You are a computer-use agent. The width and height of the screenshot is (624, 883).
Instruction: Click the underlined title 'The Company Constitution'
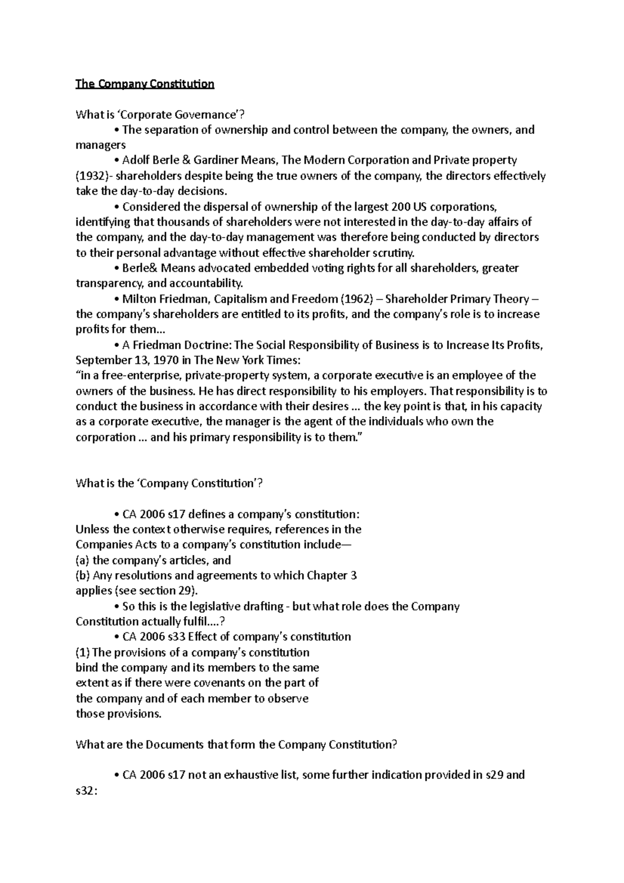click(145, 84)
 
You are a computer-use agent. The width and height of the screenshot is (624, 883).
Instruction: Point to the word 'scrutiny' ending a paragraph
click(396, 253)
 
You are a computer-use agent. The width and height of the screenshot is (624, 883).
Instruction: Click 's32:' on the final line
click(86, 790)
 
